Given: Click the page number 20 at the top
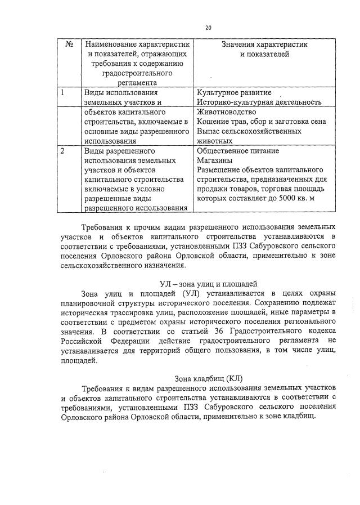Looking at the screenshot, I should click(x=208, y=27).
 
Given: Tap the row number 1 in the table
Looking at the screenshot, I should click(x=63, y=92).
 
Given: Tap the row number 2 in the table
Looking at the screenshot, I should click(x=63, y=151).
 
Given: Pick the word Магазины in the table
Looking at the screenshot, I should click(x=213, y=160).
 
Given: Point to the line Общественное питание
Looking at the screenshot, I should click(x=237, y=151).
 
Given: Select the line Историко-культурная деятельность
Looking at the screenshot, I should click(x=259, y=102).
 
